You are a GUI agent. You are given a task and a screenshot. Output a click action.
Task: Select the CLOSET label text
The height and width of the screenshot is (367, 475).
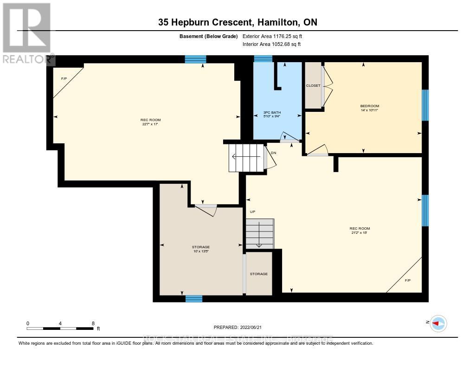click(313, 86)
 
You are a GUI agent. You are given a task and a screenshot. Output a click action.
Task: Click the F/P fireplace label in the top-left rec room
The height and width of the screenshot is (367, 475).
click(64, 79)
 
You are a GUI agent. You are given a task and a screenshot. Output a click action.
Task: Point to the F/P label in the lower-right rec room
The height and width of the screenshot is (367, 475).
click(408, 280)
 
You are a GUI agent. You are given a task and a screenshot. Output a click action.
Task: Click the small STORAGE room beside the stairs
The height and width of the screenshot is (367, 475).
click(259, 274)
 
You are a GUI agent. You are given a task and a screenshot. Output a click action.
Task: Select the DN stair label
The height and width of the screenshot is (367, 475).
click(274, 152)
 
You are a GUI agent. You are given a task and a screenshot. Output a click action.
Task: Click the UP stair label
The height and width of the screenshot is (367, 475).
click(253, 212)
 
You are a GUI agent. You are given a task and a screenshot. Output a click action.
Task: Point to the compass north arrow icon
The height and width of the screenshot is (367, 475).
click(438, 323)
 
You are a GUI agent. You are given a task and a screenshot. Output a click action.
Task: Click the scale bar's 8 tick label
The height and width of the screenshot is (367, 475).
click(93, 323)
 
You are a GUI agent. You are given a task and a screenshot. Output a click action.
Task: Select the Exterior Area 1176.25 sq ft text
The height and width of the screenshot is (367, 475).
click(272, 36)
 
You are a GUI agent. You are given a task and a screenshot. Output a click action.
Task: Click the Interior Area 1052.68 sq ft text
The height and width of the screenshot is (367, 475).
click(272, 44)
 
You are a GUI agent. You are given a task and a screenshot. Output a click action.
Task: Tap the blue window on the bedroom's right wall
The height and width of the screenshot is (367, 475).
click(425, 105)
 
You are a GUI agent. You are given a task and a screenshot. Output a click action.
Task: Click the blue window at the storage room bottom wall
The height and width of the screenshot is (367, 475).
click(194, 298)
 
